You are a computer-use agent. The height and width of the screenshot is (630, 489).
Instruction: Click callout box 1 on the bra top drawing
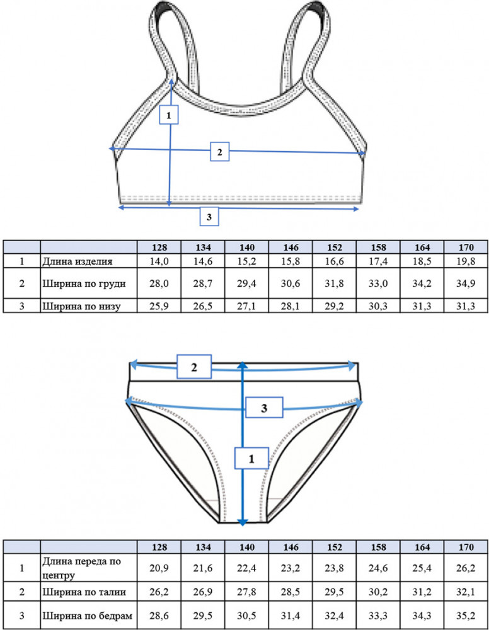pos(169,115)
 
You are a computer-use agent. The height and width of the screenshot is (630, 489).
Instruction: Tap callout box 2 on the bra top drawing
pos(220,151)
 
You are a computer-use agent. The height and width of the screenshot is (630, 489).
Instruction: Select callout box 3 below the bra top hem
pos(209,216)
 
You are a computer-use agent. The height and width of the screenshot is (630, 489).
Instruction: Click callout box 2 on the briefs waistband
pos(194,367)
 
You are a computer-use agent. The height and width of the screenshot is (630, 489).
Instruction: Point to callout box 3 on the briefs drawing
pos(264,408)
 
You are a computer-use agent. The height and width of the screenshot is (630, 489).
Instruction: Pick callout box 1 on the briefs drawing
pos(251,458)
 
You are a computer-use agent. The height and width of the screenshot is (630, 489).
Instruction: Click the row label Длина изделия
pos(78,261)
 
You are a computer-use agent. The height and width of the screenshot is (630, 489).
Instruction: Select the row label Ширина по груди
pos(84,283)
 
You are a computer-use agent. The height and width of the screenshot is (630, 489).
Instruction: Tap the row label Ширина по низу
pos(81,306)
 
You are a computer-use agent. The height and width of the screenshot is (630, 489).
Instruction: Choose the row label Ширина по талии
pos(84,592)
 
